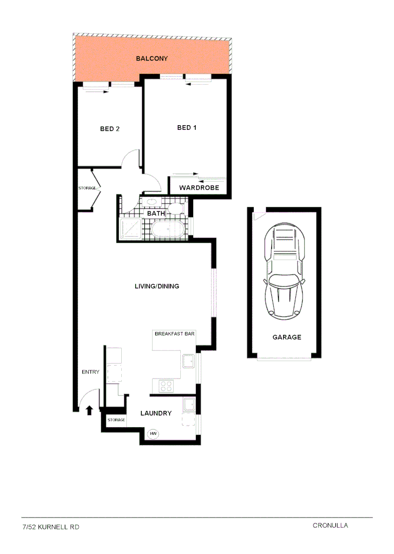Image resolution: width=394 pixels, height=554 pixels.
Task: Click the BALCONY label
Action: (x=152, y=58)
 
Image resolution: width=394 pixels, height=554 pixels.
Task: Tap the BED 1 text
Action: (x=186, y=128)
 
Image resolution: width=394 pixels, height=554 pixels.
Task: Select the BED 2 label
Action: (x=109, y=129)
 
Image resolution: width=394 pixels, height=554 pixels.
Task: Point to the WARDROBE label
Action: (x=199, y=188)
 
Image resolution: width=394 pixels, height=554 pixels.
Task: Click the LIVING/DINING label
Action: (x=157, y=286)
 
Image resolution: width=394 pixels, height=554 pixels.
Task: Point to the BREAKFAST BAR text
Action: (x=174, y=333)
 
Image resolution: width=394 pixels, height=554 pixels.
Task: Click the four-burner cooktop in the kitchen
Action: (x=166, y=386)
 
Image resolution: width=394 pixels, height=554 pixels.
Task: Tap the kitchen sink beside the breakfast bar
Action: (x=188, y=362)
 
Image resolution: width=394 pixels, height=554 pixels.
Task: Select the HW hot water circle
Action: (x=153, y=434)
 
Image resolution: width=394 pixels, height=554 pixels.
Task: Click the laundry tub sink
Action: (x=189, y=405)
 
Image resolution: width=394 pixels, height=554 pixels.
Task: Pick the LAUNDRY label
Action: (x=156, y=413)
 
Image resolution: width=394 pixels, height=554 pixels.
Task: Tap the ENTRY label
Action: (x=90, y=372)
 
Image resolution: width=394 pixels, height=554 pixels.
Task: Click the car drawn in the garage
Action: (x=284, y=272)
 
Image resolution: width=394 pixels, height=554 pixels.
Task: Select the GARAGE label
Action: (x=287, y=337)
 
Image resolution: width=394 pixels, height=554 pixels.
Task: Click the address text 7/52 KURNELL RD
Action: (x=51, y=527)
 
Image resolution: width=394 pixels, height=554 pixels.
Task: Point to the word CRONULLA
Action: (x=330, y=525)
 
